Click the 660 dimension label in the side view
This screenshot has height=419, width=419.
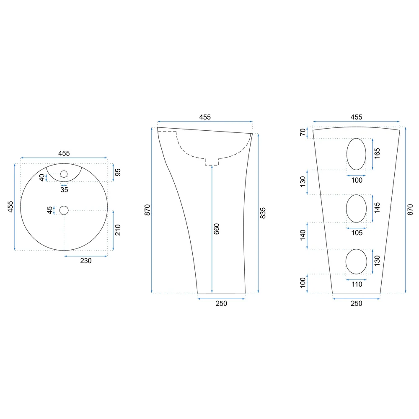217,229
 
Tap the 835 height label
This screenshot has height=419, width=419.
263,213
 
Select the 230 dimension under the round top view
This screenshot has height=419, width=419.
86,261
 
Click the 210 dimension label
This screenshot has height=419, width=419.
118,230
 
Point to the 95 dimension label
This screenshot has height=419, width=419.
118,172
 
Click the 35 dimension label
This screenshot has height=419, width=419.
64,190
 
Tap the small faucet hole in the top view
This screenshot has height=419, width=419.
64,174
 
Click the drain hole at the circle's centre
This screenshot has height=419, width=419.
64,210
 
